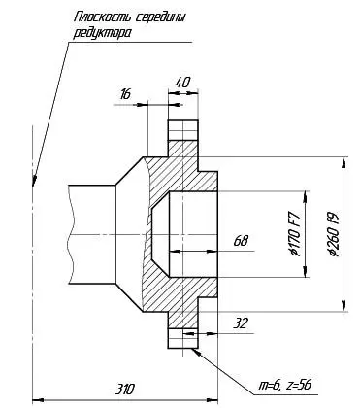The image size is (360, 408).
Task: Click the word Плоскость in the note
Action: pyautogui.click(x=102, y=17)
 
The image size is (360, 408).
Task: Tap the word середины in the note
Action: pyautogui.click(x=160, y=17)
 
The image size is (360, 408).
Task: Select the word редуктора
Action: pyautogui.click(x=103, y=33)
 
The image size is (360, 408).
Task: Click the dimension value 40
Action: pyautogui.click(x=182, y=83)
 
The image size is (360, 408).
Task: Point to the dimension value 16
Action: pyautogui.click(x=125, y=94)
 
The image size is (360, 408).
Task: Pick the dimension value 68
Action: pyautogui.click(x=241, y=241)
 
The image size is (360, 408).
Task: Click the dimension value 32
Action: pyautogui.click(x=241, y=323)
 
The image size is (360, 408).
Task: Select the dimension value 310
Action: pyautogui.click(x=124, y=390)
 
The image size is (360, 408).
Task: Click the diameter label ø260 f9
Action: pyautogui.click(x=334, y=234)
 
